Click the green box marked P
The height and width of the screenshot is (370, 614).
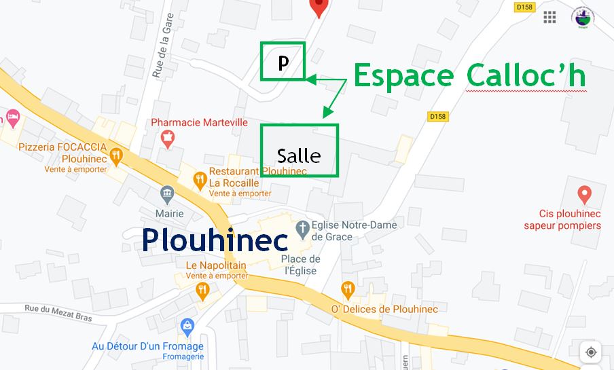point(283,61)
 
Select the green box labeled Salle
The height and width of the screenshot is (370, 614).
point(299,151)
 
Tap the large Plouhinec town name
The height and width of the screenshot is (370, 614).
point(215,240)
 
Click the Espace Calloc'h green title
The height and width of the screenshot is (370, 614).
point(469,76)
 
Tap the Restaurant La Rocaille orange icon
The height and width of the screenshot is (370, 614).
point(200,181)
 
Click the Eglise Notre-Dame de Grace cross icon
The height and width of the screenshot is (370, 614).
point(303,227)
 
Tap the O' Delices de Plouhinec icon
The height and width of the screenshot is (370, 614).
point(348,290)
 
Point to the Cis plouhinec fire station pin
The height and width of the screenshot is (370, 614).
point(583,196)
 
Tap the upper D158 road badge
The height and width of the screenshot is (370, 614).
point(526,7)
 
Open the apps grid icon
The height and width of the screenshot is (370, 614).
point(549,17)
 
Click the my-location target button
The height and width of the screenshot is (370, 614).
point(590,352)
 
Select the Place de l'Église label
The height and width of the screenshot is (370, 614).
point(300,265)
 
